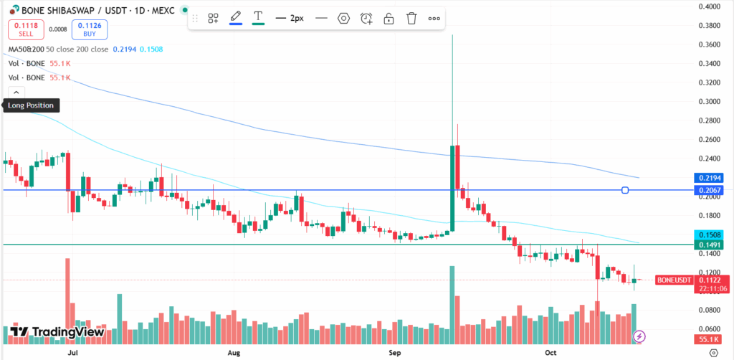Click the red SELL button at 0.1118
(x=25, y=29)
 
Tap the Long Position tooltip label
(x=29, y=105)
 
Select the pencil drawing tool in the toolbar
(x=235, y=18)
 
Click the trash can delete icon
(x=411, y=18)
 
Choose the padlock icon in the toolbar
(x=389, y=18)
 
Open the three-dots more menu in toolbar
(x=434, y=18)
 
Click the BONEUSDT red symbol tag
(x=674, y=280)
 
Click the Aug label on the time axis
(x=234, y=353)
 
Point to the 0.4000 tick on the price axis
(x=709, y=7)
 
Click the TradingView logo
(x=58, y=332)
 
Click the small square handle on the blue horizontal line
(x=625, y=190)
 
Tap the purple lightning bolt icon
(x=639, y=336)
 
